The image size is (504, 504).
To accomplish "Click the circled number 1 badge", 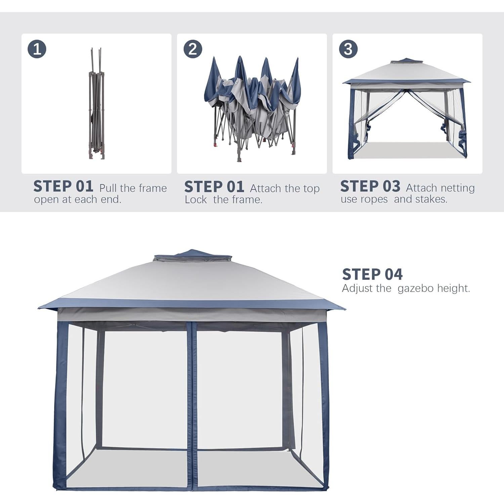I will pos(37,49).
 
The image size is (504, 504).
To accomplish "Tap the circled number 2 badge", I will pos(193,49).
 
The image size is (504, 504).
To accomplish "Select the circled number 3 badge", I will pos(348,49).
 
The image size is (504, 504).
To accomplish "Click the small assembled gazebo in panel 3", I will pos(407,109).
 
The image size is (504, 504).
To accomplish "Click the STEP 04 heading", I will pos(372,274).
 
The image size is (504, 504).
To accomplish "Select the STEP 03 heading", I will pos(370,186).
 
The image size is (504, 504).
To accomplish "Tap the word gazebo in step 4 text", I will pos(415,288).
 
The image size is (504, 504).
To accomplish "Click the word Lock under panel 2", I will pos(196,200).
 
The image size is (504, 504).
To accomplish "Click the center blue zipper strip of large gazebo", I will pos(192,403).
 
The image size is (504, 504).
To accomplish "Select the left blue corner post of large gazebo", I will pos(60,403).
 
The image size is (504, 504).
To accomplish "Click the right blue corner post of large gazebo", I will pos(324,403).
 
